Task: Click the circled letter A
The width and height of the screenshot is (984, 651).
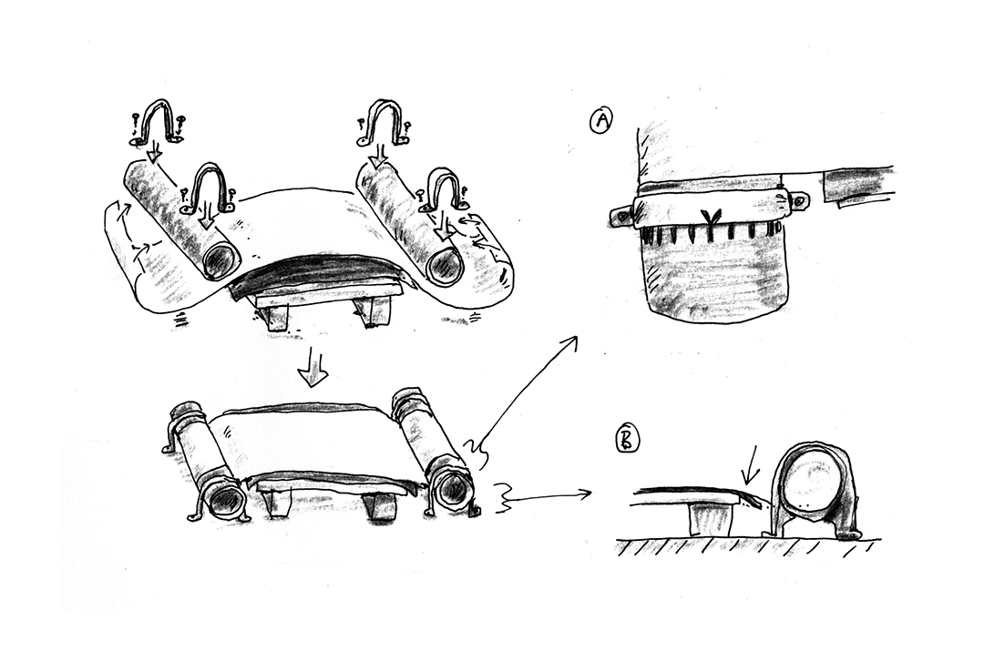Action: click(600, 121)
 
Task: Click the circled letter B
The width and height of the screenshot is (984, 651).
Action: click(628, 440)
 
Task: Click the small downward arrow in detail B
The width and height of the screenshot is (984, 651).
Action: click(748, 471)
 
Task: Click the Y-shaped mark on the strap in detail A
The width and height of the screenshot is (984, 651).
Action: click(711, 217)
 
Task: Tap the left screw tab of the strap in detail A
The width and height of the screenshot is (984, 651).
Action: click(622, 216)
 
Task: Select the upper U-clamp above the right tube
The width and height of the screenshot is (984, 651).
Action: click(382, 123)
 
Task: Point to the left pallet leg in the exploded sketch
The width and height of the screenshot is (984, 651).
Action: click(275, 316)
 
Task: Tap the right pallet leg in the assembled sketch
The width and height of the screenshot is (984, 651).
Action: click(381, 505)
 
